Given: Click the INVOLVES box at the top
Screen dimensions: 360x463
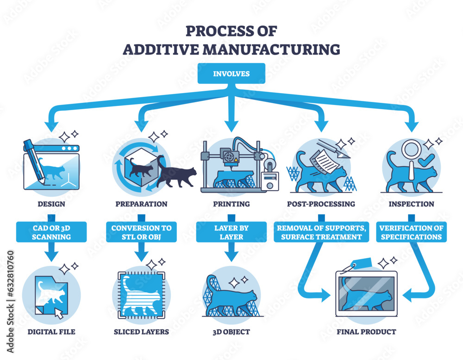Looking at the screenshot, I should click(231, 74).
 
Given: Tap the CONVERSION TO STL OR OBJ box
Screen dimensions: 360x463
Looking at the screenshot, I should click(141, 232).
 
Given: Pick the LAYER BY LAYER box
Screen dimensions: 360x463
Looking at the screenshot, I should click(231, 232).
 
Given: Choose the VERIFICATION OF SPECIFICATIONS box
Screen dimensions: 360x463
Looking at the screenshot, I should click(411, 232).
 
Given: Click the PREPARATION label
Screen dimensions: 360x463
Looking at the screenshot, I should click(141, 204).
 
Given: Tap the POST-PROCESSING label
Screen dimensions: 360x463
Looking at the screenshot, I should click(321, 204).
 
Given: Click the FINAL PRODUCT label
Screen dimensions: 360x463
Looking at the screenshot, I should click(366, 332).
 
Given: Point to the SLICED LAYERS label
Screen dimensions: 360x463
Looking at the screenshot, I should click(141, 332).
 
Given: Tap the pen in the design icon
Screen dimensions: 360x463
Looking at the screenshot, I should click(34, 157).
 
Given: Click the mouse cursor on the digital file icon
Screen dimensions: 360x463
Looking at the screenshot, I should click(59, 313).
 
